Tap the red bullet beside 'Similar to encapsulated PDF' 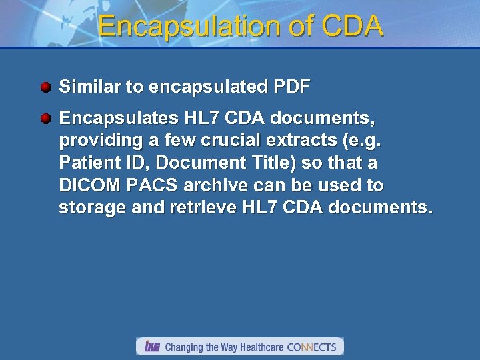[x=45, y=87]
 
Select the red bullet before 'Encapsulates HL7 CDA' [x=45, y=119]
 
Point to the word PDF [x=292, y=87]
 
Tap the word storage [x=90, y=207]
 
